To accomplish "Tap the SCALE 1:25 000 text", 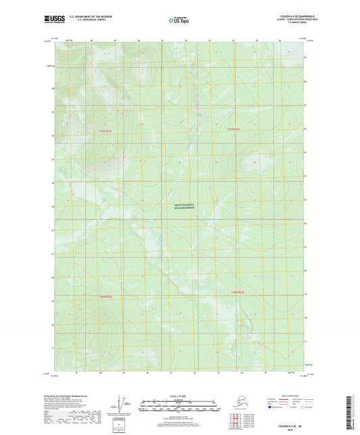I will pyautogui.click(x=179, y=396).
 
